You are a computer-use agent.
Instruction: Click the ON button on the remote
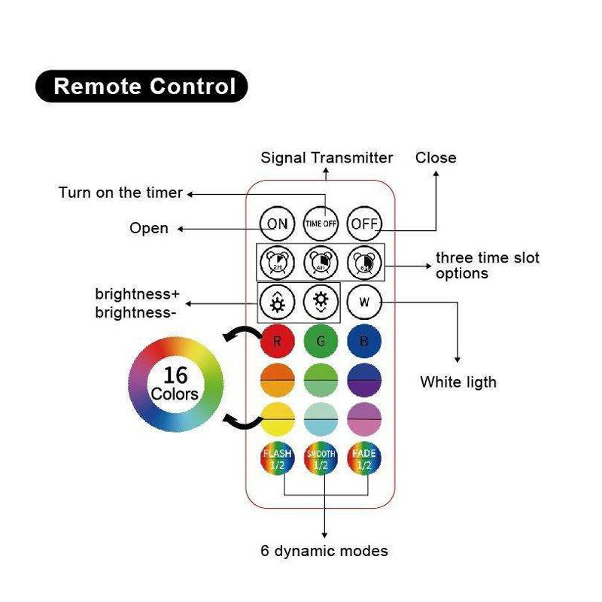(278, 223)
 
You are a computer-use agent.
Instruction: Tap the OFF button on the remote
(365, 223)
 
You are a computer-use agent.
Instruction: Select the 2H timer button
(278, 263)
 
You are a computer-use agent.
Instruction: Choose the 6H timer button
(365, 263)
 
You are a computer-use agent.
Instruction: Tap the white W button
(365, 303)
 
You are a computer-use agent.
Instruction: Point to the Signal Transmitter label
(327, 158)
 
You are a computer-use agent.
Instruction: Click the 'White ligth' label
(458, 382)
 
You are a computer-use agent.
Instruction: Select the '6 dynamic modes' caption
(324, 551)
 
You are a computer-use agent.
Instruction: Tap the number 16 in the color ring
(175, 375)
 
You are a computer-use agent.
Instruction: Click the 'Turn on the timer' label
(120, 193)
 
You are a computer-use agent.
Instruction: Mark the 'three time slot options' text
(487, 266)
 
